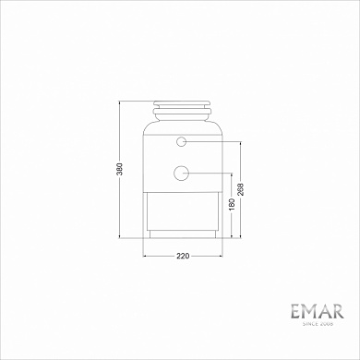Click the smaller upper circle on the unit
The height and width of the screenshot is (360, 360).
click(x=182, y=142)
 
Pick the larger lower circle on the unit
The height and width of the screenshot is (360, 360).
click(x=182, y=172)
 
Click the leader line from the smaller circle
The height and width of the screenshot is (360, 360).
click(x=212, y=142)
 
